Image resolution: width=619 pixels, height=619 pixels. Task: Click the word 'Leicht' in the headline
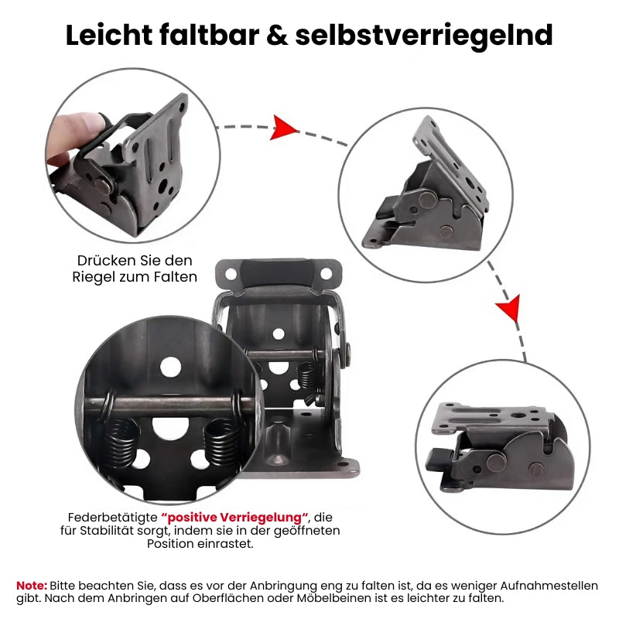click(109, 36)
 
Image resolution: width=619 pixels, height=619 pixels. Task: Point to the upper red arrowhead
click(284, 128)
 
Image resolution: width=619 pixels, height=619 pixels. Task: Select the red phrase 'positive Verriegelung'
click(235, 516)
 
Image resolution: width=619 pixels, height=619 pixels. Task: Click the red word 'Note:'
click(32, 585)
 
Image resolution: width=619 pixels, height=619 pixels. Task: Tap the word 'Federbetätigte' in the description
click(112, 516)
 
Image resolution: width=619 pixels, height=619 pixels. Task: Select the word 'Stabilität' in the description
click(123, 530)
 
